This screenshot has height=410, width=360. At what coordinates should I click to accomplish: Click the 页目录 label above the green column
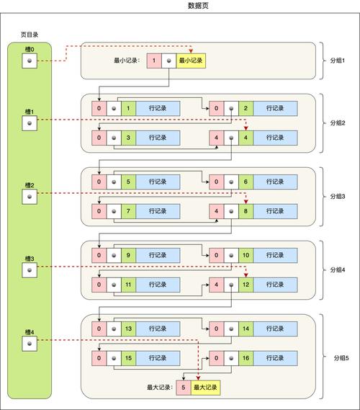click(x=29, y=35)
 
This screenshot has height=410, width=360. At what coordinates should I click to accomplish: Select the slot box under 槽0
click(x=29, y=61)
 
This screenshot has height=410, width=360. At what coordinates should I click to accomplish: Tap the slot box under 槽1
click(x=29, y=123)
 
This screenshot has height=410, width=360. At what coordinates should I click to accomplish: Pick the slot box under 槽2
click(x=29, y=197)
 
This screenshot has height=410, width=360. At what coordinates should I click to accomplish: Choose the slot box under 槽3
click(x=29, y=269)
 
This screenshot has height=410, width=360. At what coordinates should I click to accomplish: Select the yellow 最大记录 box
click(x=205, y=387)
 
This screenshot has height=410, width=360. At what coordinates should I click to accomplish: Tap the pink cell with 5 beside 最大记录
click(x=184, y=387)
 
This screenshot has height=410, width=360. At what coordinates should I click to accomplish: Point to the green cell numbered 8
click(x=246, y=210)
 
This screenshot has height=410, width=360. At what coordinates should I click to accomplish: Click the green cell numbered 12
click(x=246, y=284)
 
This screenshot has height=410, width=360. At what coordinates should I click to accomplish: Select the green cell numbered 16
click(x=246, y=357)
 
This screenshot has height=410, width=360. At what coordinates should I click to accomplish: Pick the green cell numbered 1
click(x=128, y=109)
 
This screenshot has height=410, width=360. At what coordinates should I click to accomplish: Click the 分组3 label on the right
click(x=338, y=196)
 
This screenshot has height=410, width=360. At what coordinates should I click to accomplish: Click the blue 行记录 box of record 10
click(x=275, y=255)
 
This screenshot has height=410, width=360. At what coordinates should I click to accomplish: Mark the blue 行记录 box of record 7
click(x=158, y=210)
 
